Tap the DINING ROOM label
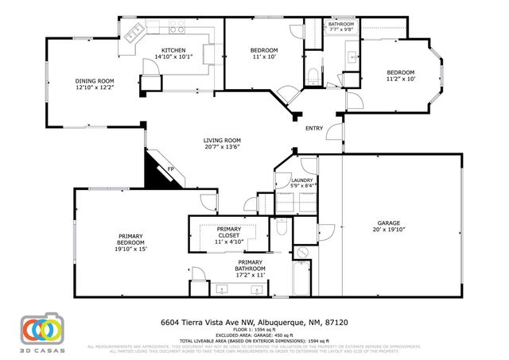tap(95, 80)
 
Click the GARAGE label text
tap(388, 223)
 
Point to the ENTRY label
tap(314, 128)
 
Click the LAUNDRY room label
tap(301, 180)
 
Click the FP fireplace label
tap(170, 169)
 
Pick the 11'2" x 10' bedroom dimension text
tap(401, 79)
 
